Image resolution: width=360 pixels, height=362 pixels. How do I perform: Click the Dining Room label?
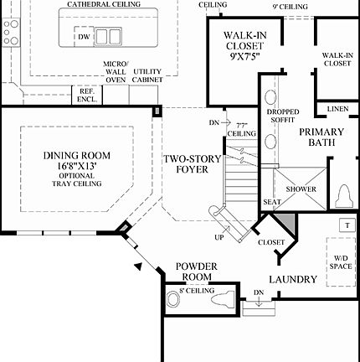[76, 156]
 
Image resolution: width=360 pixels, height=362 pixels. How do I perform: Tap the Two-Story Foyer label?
[185, 163]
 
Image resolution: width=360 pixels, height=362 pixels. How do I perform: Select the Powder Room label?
[197, 271]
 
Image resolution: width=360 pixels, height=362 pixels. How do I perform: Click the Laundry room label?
[293, 279]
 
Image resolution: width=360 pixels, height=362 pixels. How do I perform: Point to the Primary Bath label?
[321, 137]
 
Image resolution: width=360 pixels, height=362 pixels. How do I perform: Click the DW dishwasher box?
[84, 37]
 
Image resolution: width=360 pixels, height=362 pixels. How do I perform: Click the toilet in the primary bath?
[344, 195]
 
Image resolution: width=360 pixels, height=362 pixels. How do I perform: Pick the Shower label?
[301, 189]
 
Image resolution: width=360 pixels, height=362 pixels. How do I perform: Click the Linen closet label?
[337, 109]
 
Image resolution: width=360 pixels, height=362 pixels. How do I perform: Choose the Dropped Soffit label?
[283, 116]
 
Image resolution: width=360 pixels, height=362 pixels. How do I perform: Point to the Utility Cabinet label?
[147, 75]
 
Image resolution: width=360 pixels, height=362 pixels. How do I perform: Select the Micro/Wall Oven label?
[115, 71]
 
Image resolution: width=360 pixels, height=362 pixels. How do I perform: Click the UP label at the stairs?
[219, 237]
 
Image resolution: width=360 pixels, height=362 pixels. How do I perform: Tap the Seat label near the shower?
[272, 202]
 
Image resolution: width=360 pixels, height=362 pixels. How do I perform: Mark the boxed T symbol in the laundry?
[345, 225]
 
